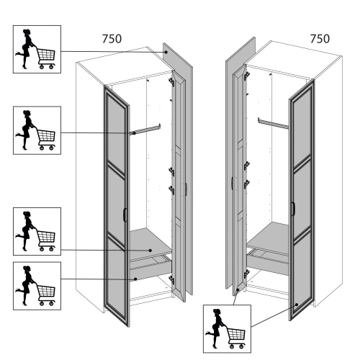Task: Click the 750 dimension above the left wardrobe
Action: (x=112, y=39)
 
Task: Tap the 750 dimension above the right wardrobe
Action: (x=320, y=39)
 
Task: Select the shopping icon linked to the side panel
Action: (x=37, y=49)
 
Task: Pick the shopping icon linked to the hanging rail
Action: (x=37, y=130)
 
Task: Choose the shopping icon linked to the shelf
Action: (x=37, y=231)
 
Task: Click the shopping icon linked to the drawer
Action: (x=37, y=286)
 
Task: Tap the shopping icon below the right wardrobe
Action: (x=227, y=329)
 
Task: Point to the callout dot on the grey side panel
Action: (x=166, y=52)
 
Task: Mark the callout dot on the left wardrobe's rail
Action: (x=135, y=133)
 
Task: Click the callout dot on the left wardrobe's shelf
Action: (x=150, y=251)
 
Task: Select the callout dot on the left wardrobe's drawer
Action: (x=135, y=279)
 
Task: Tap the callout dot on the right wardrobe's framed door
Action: (x=297, y=305)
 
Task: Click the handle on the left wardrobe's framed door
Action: (x=125, y=215)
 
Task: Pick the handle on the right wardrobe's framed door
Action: (x=293, y=209)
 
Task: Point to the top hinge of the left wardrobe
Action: (x=171, y=82)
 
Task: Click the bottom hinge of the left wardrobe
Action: (x=171, y=280)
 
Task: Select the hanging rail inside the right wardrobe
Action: (x=273, y=123)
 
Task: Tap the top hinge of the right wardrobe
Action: (x=246, y=76)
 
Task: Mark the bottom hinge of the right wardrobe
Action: (x=246, y=274)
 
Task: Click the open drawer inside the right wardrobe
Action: (x=268, y=261)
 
